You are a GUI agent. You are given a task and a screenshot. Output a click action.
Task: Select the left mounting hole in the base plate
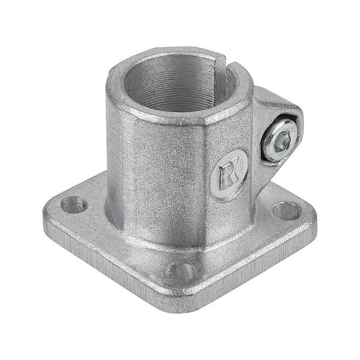tap(73, 206)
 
